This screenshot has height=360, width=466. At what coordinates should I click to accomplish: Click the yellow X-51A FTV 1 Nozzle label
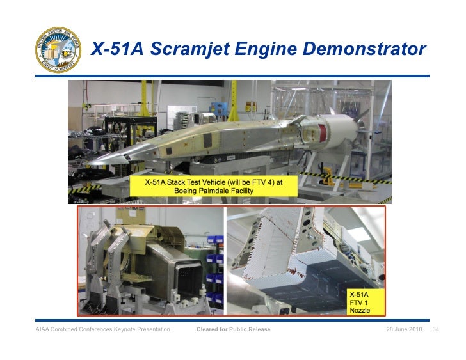pos(359,302)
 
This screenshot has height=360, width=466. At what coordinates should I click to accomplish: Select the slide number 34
pos(435,329)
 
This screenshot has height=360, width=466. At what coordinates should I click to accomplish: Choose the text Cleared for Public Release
pos(233,329)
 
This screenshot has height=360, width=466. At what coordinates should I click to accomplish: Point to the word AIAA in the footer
pos(43,329)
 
